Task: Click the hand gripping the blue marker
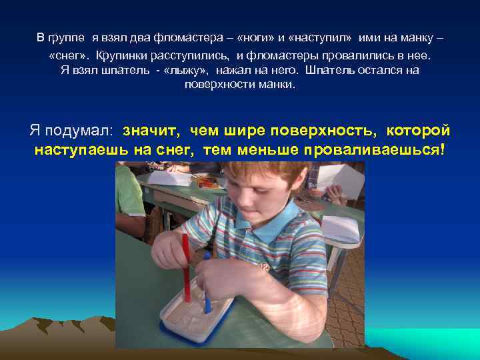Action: (217, 273)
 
